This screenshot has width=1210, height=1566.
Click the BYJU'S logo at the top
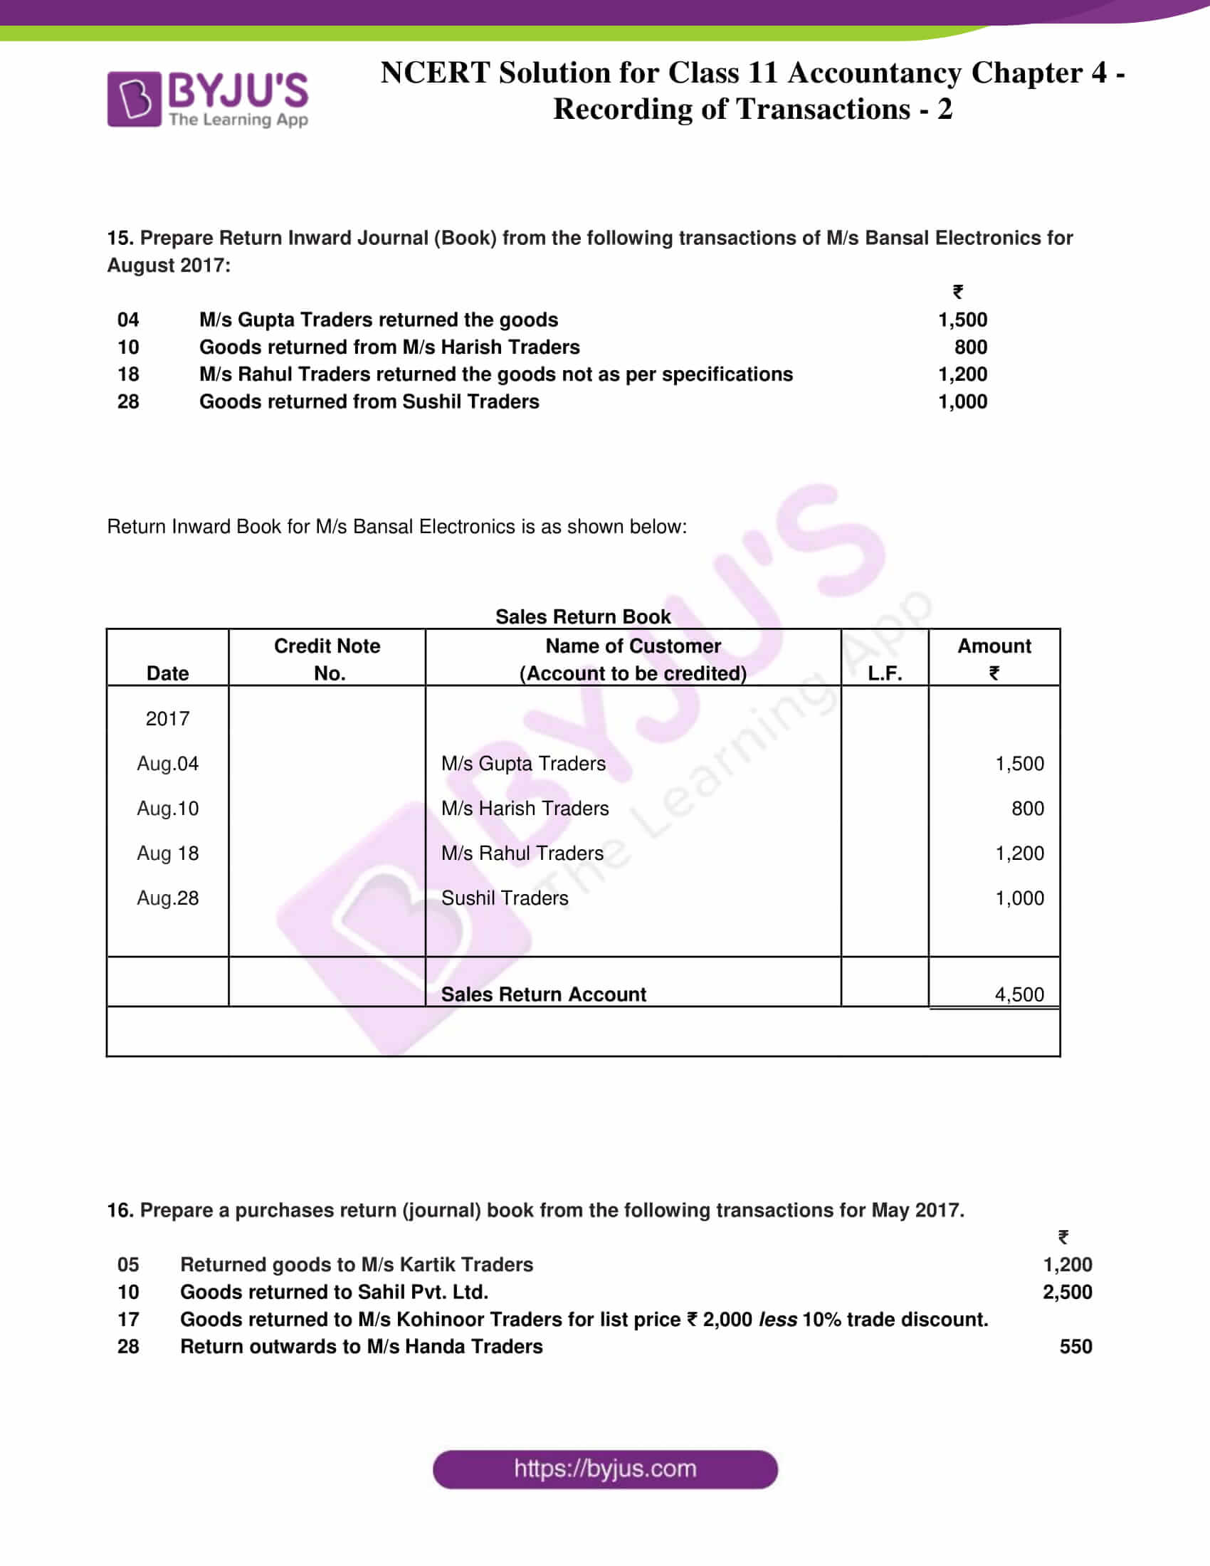click(207, 99)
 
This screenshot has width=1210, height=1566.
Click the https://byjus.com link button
click(604, 1468)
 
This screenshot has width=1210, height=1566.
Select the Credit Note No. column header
click(327, 659)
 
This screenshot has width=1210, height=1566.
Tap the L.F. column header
click(885, 673)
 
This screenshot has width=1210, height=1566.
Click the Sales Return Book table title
click(583, 616)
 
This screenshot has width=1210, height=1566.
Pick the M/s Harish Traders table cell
click(525, 808)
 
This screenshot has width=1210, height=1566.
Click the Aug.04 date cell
click(168, 764)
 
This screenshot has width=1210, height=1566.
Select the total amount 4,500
click(1019, 994)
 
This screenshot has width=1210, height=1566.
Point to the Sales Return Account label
click(543, 994)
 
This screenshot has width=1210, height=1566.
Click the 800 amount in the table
click(1027, 808)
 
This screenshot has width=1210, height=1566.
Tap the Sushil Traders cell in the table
click(505, 898)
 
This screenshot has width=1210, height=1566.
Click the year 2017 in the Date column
click(168, 718)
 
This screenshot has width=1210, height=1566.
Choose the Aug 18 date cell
click(168, 853)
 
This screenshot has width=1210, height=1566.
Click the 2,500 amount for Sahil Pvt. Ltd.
click(1067, 1291)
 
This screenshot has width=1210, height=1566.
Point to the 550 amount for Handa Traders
click(1075, 1346)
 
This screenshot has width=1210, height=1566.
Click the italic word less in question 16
click(777, 1318)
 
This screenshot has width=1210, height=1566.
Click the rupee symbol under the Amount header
click(994, 673)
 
